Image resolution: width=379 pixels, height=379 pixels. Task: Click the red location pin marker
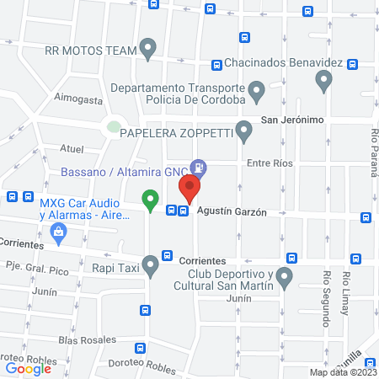point(189,189)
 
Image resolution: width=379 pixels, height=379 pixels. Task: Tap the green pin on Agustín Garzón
point(150,200)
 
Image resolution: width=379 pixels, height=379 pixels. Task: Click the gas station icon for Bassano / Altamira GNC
point(198,167)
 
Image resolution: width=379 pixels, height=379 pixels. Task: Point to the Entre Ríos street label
point(269,163)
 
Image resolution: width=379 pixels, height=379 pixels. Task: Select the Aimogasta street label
point(78,99)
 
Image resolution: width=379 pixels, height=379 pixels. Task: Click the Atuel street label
point(72,149)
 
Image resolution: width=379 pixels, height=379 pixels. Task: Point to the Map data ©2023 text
point(343,372)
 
